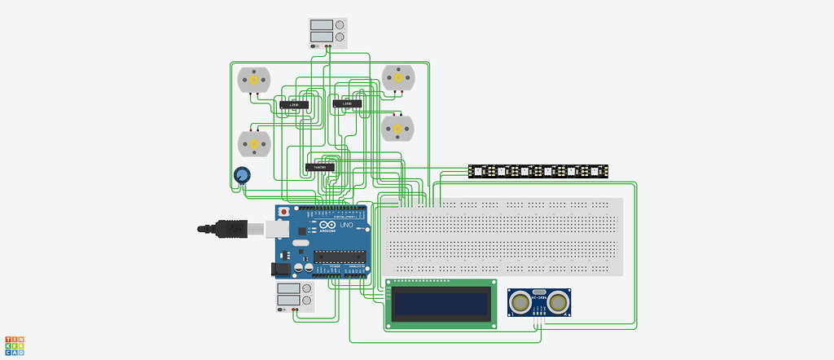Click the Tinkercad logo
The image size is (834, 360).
[15, 346]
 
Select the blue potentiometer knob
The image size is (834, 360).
[242, 175]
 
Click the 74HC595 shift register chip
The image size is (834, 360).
[320, 167]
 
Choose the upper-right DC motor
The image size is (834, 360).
[398, 78]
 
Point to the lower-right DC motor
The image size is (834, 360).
[398, 128]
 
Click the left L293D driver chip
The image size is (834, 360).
[294, 105]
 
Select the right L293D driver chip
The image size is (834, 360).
[347, 103]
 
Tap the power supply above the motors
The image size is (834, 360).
[327, 33]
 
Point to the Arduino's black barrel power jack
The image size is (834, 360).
[281, 266]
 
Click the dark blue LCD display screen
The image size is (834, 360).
[441, 305]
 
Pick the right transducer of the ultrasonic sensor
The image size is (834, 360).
[558, 303]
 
